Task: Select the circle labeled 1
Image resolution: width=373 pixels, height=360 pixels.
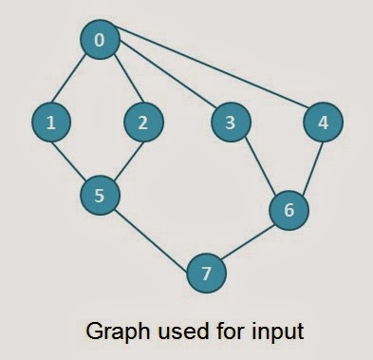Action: tap(50, 122)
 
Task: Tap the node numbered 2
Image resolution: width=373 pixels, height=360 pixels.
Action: tap(143, 122)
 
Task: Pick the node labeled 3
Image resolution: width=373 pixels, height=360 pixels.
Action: tap(230, 122)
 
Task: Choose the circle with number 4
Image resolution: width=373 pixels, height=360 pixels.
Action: tap(323, 122)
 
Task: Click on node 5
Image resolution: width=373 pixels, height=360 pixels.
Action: tap(100, 196)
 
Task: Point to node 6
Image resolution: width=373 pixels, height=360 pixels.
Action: tap(289, 209)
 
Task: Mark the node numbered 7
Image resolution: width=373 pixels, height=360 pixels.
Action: tap(207, 274)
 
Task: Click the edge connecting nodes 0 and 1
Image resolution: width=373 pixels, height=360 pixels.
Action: tap(75, 81)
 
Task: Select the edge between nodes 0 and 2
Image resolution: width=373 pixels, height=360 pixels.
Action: tap(121, 81)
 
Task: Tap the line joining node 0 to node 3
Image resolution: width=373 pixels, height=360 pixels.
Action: tap(165, 81)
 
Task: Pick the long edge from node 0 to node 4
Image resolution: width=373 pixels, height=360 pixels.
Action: tap(211, 81)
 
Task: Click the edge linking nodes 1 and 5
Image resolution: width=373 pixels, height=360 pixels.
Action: tap(75, 159)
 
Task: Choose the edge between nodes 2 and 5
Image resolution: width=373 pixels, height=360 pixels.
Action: tap(121, 159)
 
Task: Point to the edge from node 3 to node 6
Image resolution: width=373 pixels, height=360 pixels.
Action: tap(259, 165)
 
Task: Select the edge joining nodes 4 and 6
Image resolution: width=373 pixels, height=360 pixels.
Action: tap(306, 165)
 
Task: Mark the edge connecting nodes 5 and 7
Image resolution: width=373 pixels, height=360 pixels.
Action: tap(153, 235)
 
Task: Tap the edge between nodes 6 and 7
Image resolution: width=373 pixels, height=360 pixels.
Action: tap(248, 241)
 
